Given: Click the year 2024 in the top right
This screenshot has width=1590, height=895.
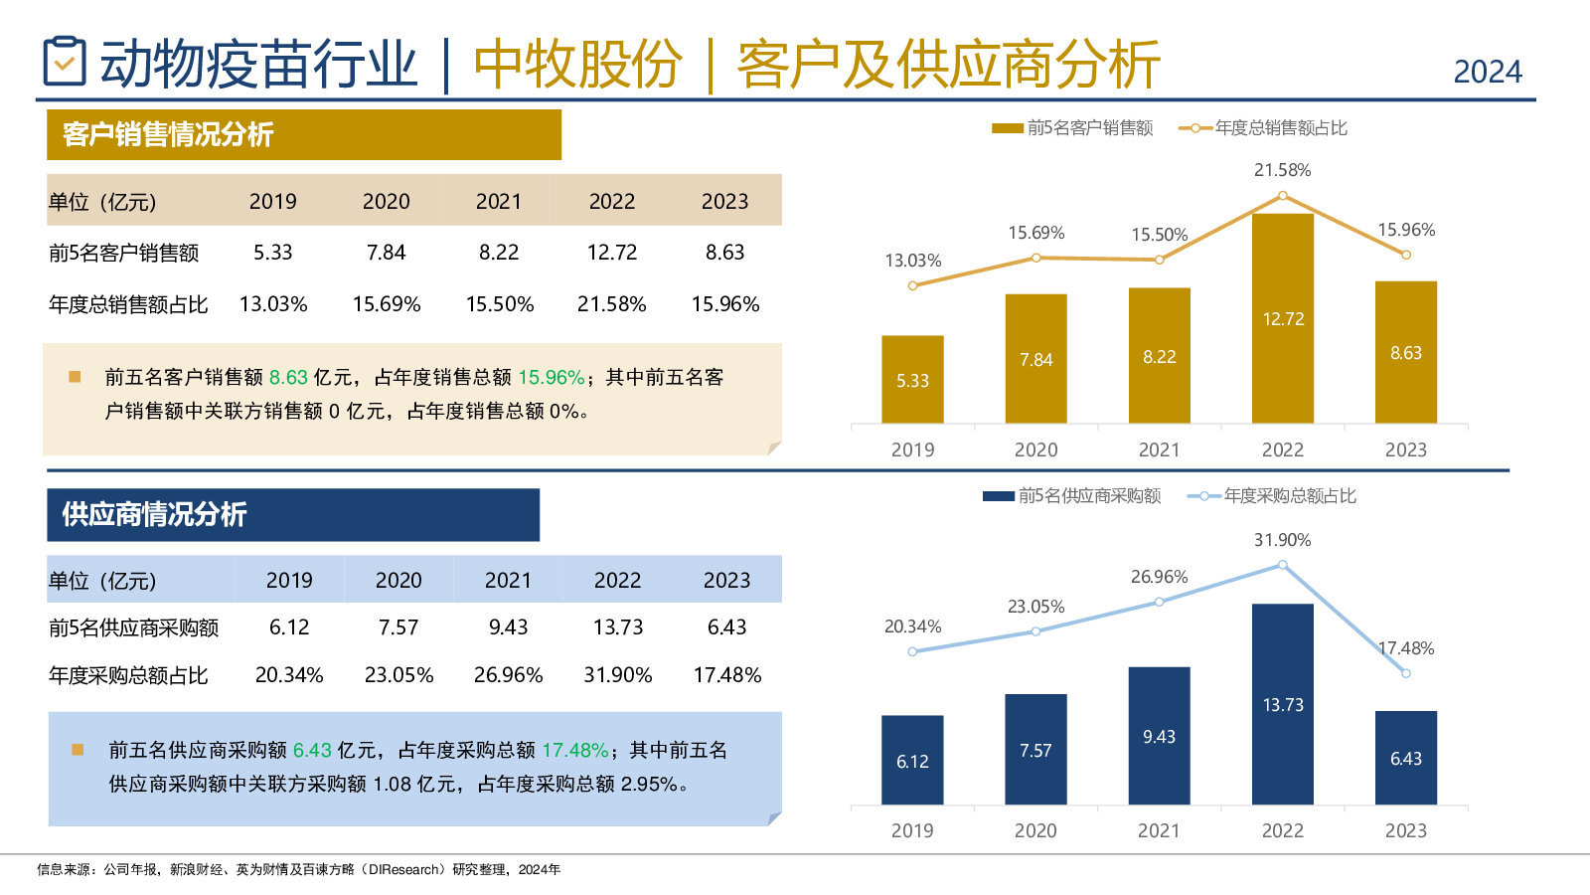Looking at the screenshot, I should tap(1487, 72).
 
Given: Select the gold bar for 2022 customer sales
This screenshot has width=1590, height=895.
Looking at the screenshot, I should tap(1282, 318).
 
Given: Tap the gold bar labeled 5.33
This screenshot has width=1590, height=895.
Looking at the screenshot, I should tap(912, 379).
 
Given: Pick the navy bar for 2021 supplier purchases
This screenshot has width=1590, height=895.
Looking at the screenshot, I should tap(1159, 736).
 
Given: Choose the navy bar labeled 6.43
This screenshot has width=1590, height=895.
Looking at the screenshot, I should tap(1405, 758).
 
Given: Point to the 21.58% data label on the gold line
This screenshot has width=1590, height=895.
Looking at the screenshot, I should tap(1282, 170).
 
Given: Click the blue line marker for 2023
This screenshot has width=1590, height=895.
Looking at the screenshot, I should tap(1405, 673).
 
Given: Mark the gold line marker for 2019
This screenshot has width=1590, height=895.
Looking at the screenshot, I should tap(912, 285).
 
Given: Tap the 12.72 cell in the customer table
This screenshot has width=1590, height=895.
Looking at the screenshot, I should tap(611, 253).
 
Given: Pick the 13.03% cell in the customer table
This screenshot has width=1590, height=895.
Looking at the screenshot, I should tap(273, 304).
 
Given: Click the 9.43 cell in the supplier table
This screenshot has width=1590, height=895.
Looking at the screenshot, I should tap(508, 627).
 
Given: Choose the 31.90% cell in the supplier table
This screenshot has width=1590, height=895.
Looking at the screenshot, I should tap(617, 675).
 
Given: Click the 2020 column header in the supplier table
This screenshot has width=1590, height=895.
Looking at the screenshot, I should tap(398, 580).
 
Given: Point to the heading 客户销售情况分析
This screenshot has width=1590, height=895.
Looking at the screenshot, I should tap(168, 135).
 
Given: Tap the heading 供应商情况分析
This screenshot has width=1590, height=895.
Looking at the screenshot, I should tap(154, 514).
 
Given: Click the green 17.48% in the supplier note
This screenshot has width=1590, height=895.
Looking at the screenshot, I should tap(574, 750).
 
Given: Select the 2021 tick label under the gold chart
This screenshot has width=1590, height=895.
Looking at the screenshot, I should tap(1159, 449).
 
